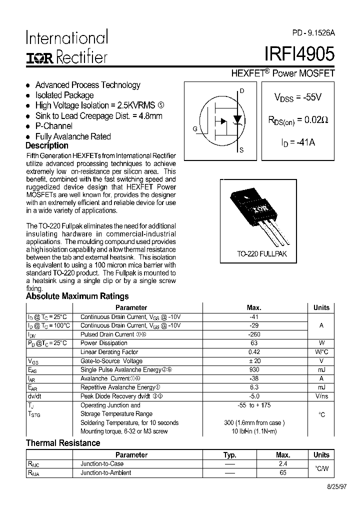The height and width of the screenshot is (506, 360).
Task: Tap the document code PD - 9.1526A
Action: (313, 33)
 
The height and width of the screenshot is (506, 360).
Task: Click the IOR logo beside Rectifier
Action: (39, 58)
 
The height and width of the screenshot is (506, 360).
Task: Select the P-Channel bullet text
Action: (53, 126)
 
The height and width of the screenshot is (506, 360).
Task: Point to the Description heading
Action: (46, 145)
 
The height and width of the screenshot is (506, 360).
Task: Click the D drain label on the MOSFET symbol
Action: (242, 91)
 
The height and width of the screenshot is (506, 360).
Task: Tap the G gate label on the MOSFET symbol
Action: (194, 129)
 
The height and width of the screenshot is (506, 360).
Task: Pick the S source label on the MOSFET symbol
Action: (241, 150)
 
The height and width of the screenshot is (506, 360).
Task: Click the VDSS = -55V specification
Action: (297, 98)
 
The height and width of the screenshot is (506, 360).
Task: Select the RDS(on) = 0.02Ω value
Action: (298, 120)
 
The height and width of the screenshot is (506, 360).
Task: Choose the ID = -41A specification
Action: (298, 142)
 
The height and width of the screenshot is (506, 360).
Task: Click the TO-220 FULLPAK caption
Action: (262, 254)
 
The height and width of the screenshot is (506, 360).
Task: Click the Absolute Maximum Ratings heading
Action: (77, 296)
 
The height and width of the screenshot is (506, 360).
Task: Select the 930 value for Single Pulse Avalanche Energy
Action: (254, 369)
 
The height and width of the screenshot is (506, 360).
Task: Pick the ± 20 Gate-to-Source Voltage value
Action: (254, 361)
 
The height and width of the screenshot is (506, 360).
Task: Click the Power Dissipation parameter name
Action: (104, 343)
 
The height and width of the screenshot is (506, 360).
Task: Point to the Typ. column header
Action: (229, 455)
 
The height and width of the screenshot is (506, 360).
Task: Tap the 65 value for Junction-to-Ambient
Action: (283, 472)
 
